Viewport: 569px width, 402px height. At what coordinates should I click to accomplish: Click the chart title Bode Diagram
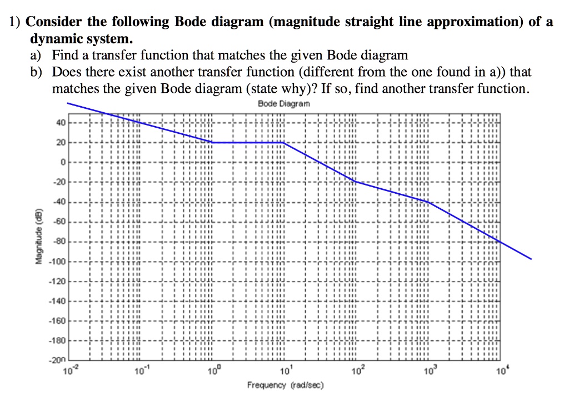point(284,104)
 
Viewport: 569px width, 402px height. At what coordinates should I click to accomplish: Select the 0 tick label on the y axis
point(63,162)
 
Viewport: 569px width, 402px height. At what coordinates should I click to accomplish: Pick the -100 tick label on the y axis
point(59,261)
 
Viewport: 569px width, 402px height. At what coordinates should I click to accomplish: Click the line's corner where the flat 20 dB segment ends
point(284,143)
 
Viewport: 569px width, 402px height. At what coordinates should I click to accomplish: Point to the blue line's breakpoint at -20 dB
point(356,182)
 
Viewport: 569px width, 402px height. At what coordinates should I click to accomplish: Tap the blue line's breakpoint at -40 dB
point(427,202)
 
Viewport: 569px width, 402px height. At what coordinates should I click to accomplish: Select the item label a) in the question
point(36,56)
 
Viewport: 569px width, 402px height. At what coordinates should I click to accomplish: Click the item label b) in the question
point(36,72)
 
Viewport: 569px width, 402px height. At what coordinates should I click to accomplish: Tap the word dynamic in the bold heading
point(54,39)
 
